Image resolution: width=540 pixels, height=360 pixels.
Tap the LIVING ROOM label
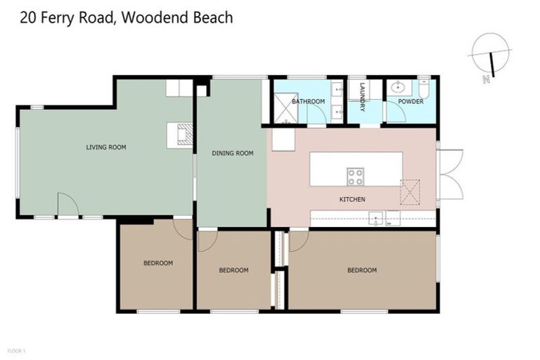105,147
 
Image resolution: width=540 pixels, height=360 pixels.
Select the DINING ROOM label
232,153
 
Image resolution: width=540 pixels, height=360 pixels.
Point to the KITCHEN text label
352,200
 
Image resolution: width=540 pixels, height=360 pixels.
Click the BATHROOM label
308,101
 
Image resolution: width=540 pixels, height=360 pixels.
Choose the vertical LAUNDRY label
363,98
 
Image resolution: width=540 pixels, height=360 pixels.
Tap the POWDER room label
411,101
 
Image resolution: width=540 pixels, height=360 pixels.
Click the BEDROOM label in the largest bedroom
361,270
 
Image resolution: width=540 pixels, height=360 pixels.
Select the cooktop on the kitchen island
355,176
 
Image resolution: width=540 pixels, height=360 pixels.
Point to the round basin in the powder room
399,87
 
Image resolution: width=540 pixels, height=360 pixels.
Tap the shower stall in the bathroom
285,108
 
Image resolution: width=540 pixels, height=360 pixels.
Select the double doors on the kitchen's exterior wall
449,173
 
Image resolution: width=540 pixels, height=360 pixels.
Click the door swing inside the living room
67,206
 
